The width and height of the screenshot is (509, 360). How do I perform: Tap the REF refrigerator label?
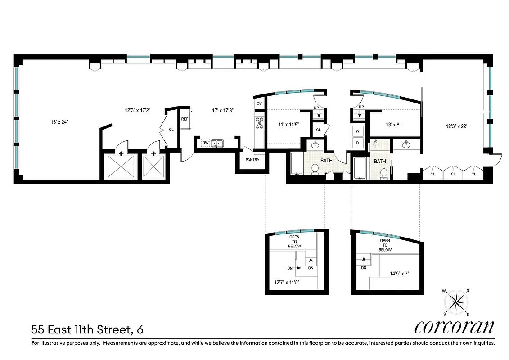pos(185,119)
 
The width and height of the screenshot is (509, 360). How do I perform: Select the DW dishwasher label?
pos(206,143)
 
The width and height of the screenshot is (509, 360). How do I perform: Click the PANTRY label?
pos(252,160)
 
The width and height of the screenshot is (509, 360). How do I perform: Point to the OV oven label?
pos(259,103)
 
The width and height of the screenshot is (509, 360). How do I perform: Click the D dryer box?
pos(358,143)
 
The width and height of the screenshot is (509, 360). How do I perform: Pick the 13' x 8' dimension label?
pos(393,126)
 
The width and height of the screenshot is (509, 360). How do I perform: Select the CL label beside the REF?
pos(171,129)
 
